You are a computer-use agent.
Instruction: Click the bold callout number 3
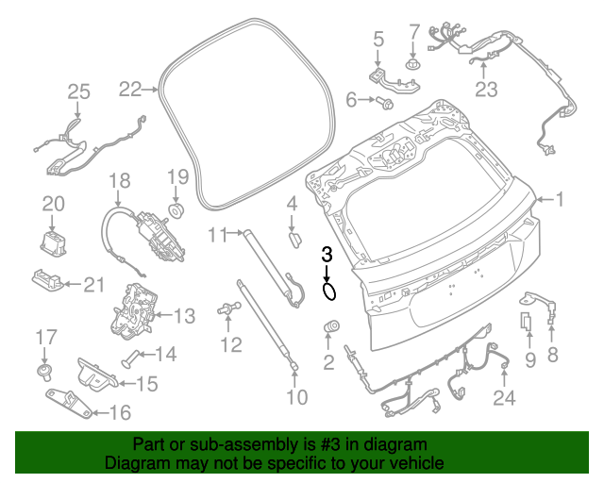[x=327, y=254]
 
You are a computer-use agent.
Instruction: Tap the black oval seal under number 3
[x=328, y=291]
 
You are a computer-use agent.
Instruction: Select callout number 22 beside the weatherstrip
[x=130, y=90]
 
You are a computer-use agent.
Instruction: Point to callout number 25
[x=78, y=92]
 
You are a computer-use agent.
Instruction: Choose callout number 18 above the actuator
[x=118, y=180]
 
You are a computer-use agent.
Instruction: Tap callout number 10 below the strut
[x=296, y=397]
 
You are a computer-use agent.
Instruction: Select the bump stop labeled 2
[x=331, y=326]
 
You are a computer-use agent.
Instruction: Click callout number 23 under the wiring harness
[x=485, y=91]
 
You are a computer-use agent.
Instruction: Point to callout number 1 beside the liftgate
[x=558, y=199]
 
